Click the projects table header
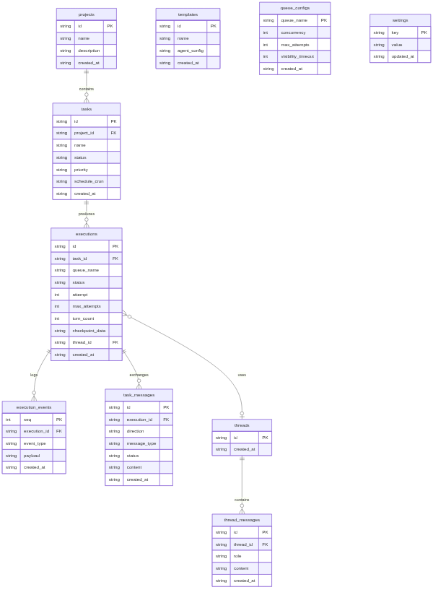point(86,14)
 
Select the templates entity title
point(188,14)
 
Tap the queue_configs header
point(294,8)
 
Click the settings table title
point(400,20)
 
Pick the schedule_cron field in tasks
point(89,181)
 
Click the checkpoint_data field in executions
point(89,331)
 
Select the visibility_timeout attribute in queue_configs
point(297,56)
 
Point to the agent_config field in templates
point(191,51)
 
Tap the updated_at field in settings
point(403,56)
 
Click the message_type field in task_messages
point(141,443)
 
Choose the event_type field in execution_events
point(35,443)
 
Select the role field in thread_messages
point(237,556)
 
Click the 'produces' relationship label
point(86,214)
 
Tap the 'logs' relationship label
point(34,375)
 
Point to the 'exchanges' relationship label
point(139,375)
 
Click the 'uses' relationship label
point(242,375)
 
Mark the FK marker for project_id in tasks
point(113,133)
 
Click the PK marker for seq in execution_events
point(58,420)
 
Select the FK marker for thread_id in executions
point(115,342)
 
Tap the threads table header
point(242,425)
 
